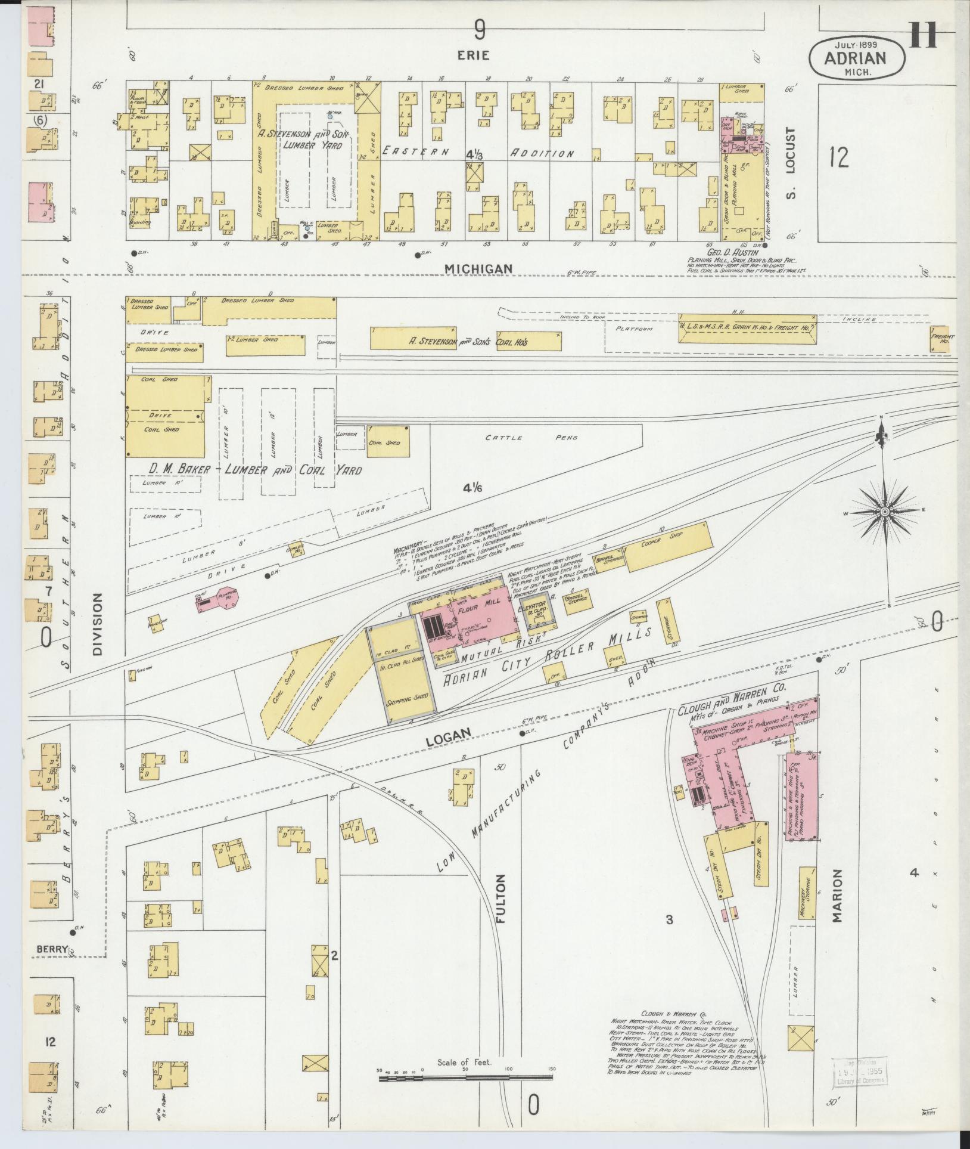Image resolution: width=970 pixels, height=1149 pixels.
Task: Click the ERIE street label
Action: (474, 55)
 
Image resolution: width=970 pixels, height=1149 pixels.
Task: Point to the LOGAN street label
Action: (448, 738)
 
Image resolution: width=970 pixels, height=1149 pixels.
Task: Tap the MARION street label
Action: (837, 904)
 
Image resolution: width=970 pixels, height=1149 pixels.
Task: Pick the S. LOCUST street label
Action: (790, 158)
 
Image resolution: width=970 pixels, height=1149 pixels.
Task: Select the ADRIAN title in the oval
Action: (856, 58)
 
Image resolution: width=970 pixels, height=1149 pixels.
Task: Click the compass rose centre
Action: (885, 512)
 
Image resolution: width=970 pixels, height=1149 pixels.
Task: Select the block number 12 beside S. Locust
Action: (838, 158)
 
